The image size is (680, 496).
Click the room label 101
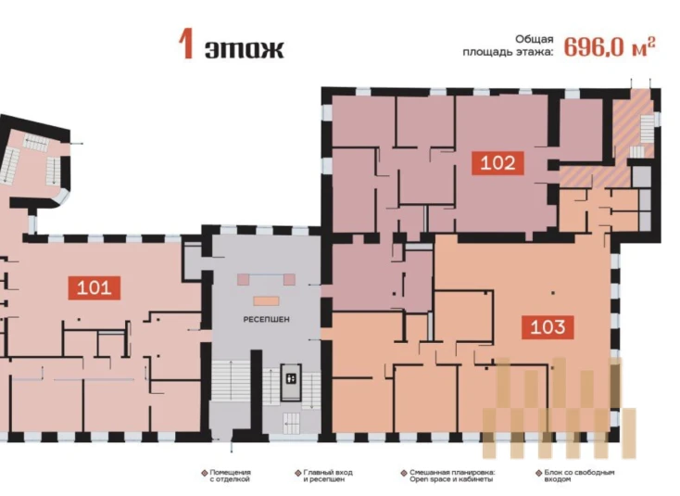(94, 287)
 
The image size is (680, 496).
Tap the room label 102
(497, 163)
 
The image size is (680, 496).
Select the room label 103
(548, 326)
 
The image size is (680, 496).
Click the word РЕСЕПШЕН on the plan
(266, 319)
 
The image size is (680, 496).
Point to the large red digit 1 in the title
(185, 45)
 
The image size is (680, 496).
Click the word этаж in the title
(245, 49)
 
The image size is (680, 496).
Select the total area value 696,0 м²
(610, 46)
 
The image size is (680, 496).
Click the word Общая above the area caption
(535, 39)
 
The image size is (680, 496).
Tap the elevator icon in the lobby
(291, 379)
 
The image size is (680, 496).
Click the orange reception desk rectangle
(266, 300)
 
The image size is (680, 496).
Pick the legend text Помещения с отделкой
(230, 476)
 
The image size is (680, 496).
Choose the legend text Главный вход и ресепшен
(327, 476)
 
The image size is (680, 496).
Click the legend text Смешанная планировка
(452, 472)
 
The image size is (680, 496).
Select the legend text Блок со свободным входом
(579, 476)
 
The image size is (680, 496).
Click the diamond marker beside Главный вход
(298, 473)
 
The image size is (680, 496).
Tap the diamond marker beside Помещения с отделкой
(204, 473)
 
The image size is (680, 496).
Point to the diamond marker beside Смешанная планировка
(404, 473)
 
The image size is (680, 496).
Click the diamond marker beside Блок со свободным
(538, 473)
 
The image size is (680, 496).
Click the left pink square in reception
(244, 279)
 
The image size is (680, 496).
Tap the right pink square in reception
(289, 279)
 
